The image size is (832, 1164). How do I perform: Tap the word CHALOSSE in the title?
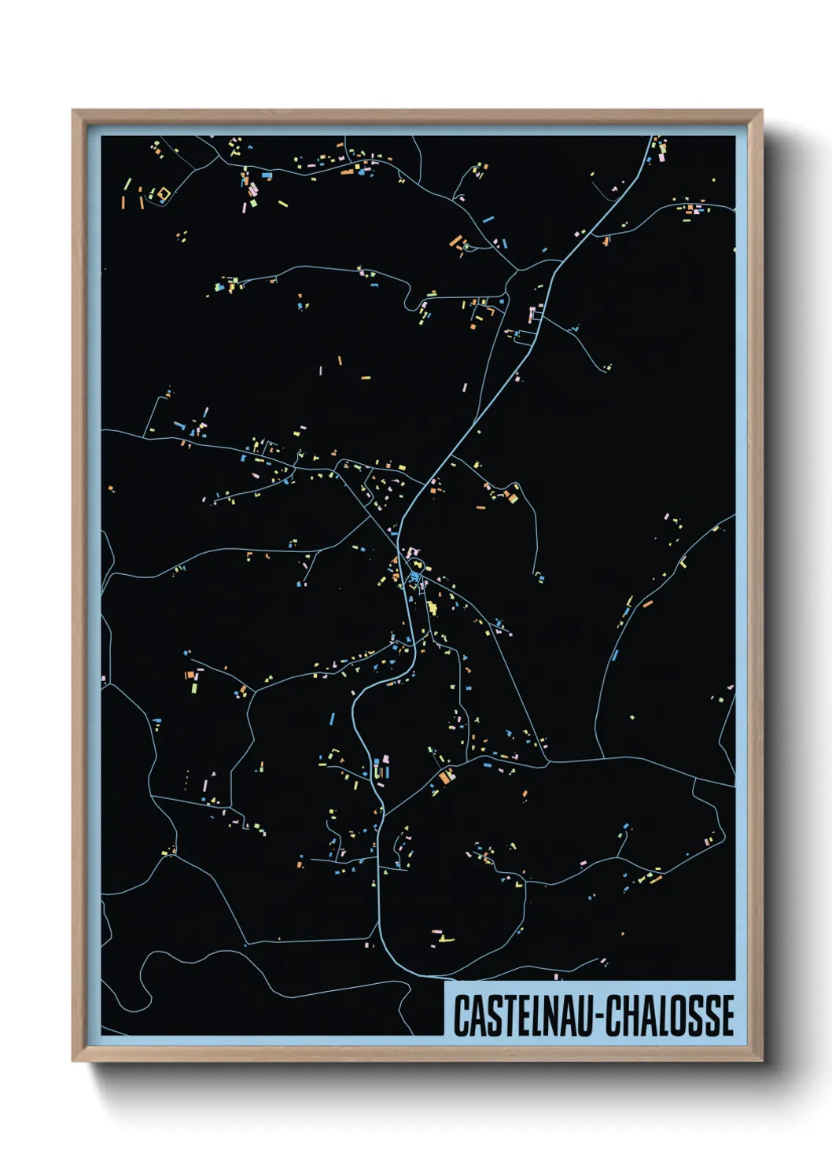(669, 1015)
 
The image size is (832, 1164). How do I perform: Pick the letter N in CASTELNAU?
(545, 1015)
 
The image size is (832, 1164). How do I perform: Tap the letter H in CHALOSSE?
(630, 1015)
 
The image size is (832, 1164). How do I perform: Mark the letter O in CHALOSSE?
(679, 1015)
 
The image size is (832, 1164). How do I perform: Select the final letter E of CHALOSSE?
(727, 1015)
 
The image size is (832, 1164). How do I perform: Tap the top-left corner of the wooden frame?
(74, 112)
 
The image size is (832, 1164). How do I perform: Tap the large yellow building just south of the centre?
(432, 607)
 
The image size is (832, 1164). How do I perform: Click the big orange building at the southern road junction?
(447, 777)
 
